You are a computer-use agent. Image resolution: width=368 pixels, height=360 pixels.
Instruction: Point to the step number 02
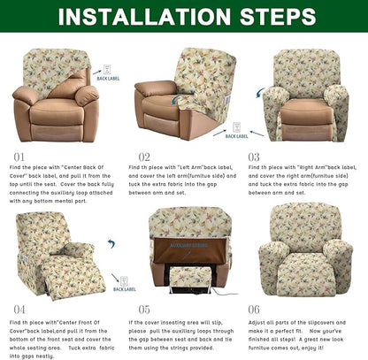pyautogui.click(x=137, y=156)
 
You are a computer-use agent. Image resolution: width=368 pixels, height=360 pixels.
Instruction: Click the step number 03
pyautogui.click(x=255, y=156)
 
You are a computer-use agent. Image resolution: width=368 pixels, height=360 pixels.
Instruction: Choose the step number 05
pyautogui.click(x=137, y=310)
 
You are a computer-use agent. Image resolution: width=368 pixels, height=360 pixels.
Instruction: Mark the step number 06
pyautogui.click(x=255, y=310)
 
